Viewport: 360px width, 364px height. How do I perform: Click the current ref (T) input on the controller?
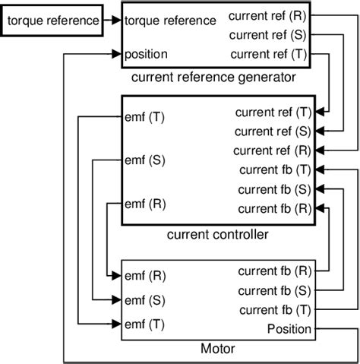(272, 112)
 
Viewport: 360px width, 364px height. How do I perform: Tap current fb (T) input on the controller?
(274, 169)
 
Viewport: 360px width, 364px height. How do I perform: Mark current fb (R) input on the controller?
(274, 208)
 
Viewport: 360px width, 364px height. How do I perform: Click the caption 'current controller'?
(216, 236)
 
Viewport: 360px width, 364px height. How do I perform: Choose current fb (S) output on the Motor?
(274, 290)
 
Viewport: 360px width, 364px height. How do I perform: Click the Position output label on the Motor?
(289, 328)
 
